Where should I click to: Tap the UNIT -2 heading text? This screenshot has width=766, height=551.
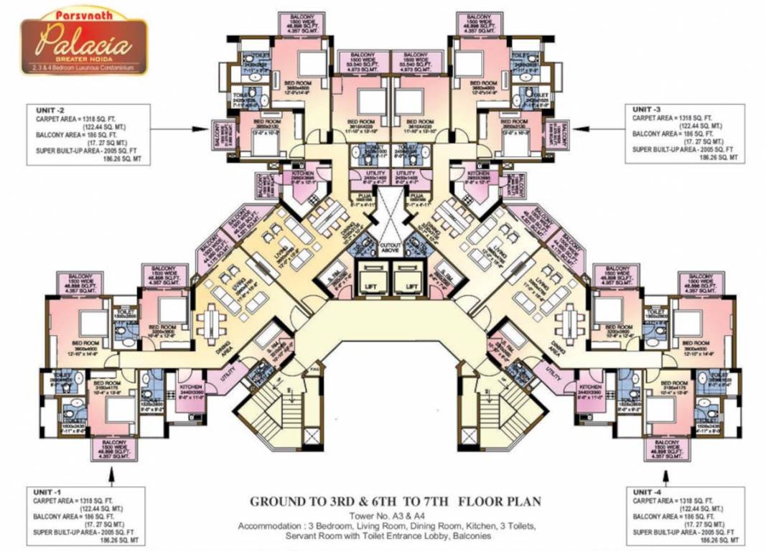point(51,110)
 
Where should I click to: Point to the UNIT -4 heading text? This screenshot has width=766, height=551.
point(649,491)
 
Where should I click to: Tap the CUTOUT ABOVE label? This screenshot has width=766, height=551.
point(391,246)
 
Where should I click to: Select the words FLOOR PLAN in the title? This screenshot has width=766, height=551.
point(502,501)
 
